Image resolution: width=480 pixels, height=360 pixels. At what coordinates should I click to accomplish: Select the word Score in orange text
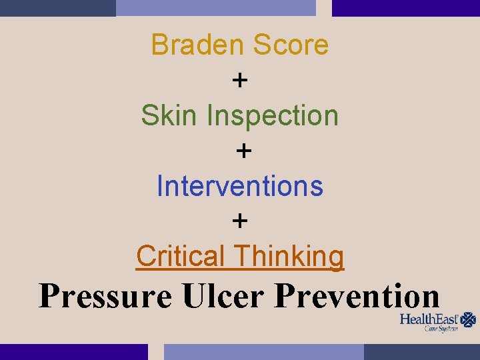tap(290, 45)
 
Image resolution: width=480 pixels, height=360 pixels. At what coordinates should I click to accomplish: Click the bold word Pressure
tap(105, 295)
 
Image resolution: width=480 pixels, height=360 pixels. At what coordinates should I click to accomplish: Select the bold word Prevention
tap(357, 295)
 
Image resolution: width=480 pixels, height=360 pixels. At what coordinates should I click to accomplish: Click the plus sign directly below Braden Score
tap(240, 81)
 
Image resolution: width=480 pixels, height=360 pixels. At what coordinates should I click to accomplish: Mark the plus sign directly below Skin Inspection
tap(244, 151)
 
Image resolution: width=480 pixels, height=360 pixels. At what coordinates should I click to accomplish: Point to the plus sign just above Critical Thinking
tap(240, 221)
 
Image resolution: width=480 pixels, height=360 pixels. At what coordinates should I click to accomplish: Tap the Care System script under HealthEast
tap(441, 329)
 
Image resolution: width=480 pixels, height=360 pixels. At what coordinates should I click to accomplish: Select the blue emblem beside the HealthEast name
tap(469, 319)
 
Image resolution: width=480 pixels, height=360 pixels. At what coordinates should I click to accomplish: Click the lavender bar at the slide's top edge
tap(215, 7)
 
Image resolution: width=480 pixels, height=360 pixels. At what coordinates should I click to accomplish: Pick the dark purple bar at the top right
tap(405, 7)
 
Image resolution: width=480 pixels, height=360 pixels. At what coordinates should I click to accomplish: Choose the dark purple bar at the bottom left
tap(73, 351)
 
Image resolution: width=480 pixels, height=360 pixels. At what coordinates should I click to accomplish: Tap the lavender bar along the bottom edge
tap(264, 351)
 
